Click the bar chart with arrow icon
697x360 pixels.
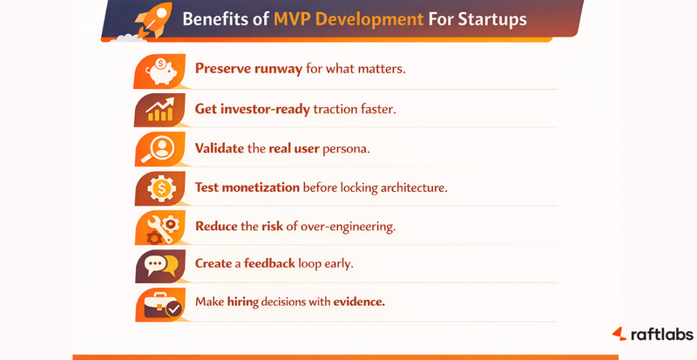click(x=161, y=110)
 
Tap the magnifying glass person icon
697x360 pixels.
click(x=161, y=148)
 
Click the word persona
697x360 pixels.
click(x=345, y=148)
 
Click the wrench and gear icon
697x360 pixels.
click(x=161, y=226)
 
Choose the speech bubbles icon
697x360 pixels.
click(x=161, y=264)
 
